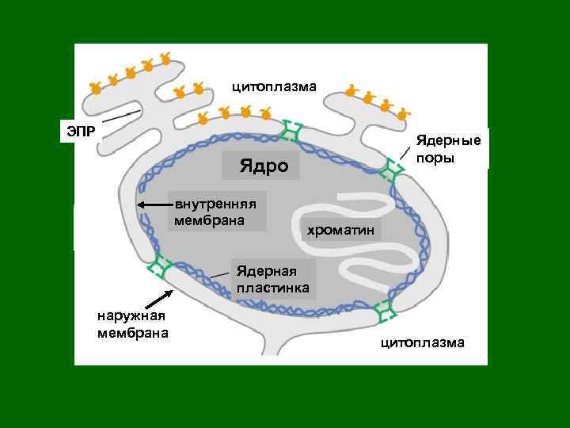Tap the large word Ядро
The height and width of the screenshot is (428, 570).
[260, 167]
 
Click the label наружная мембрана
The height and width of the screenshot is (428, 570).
[132, 323]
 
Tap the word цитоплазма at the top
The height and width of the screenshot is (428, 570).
[274, 86]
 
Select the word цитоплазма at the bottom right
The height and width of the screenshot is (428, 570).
[423, 342]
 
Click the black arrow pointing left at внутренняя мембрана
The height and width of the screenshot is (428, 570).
[154, 204]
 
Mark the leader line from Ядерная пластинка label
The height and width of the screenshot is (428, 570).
[222, 274]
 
